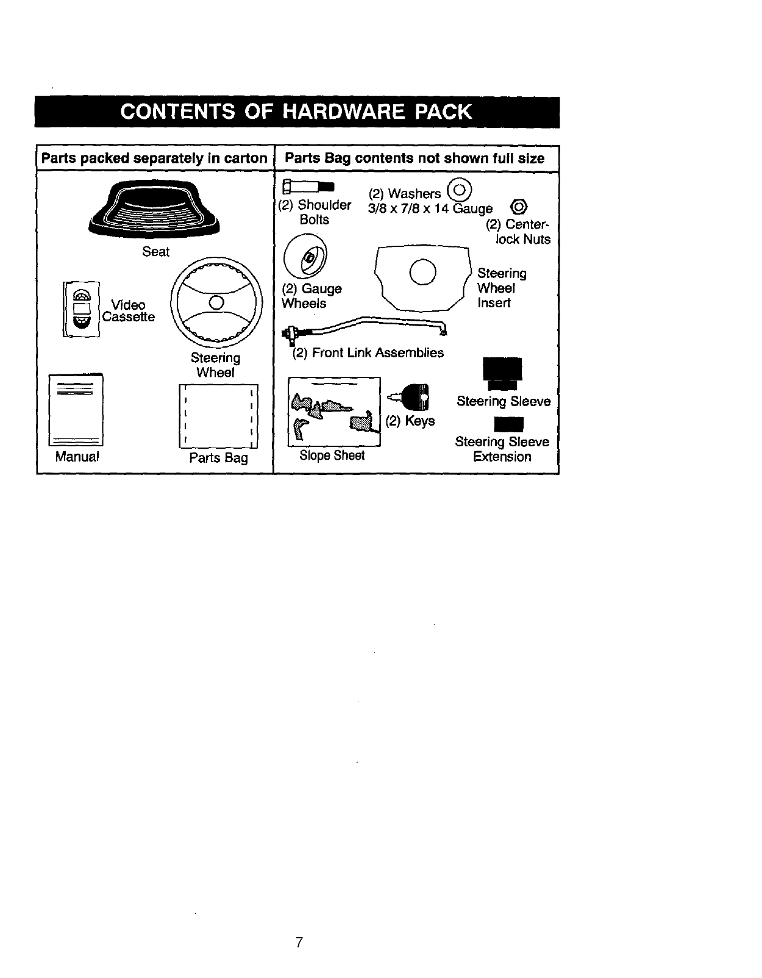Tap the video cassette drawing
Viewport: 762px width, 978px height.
(x=81, y=309)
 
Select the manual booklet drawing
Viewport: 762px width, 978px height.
(x=76, y=410)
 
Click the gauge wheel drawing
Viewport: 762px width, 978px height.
(x=306, y=259)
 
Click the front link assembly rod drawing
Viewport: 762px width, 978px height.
(x=366, y=327)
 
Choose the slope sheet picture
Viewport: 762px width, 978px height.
(x=334, y=412)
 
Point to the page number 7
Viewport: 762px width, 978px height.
(x=299, y=942)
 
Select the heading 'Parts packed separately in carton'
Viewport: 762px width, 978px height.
(x=154, y=159)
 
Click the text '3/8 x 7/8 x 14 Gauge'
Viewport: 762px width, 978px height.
(x=430, y=209)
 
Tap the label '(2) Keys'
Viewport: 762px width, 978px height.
(x=410, y=421)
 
